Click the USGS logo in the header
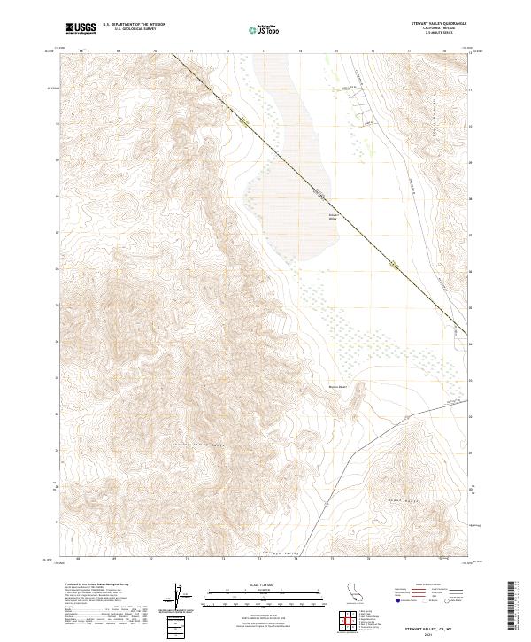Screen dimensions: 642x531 [81, 29]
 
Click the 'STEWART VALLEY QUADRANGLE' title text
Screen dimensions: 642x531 [437, 24]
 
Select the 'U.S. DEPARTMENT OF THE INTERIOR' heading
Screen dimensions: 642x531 [134, 25]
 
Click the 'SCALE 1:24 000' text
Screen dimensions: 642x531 [265, 583]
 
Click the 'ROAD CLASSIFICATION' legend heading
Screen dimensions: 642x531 [429, 585]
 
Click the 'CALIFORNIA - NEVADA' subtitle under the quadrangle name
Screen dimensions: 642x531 [437, 28]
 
